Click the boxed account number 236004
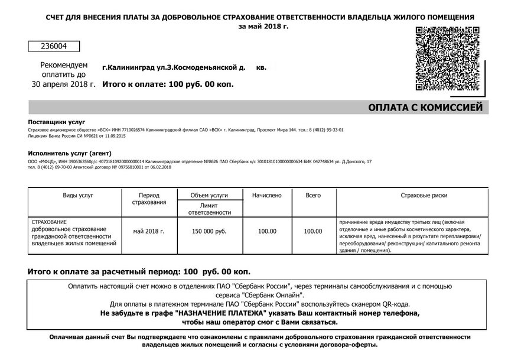(x=54, y=46)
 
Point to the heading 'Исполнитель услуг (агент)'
(x=66, y=153)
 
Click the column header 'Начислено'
(x=267, y=195)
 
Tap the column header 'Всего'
(x=313, y=195)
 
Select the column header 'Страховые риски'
(x=424, y=195)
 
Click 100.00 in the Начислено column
(x=267, y=231)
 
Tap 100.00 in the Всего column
(x=313, y=231)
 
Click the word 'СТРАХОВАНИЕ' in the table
(x=49, y=222)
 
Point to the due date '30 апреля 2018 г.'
(x=63, y=85)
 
